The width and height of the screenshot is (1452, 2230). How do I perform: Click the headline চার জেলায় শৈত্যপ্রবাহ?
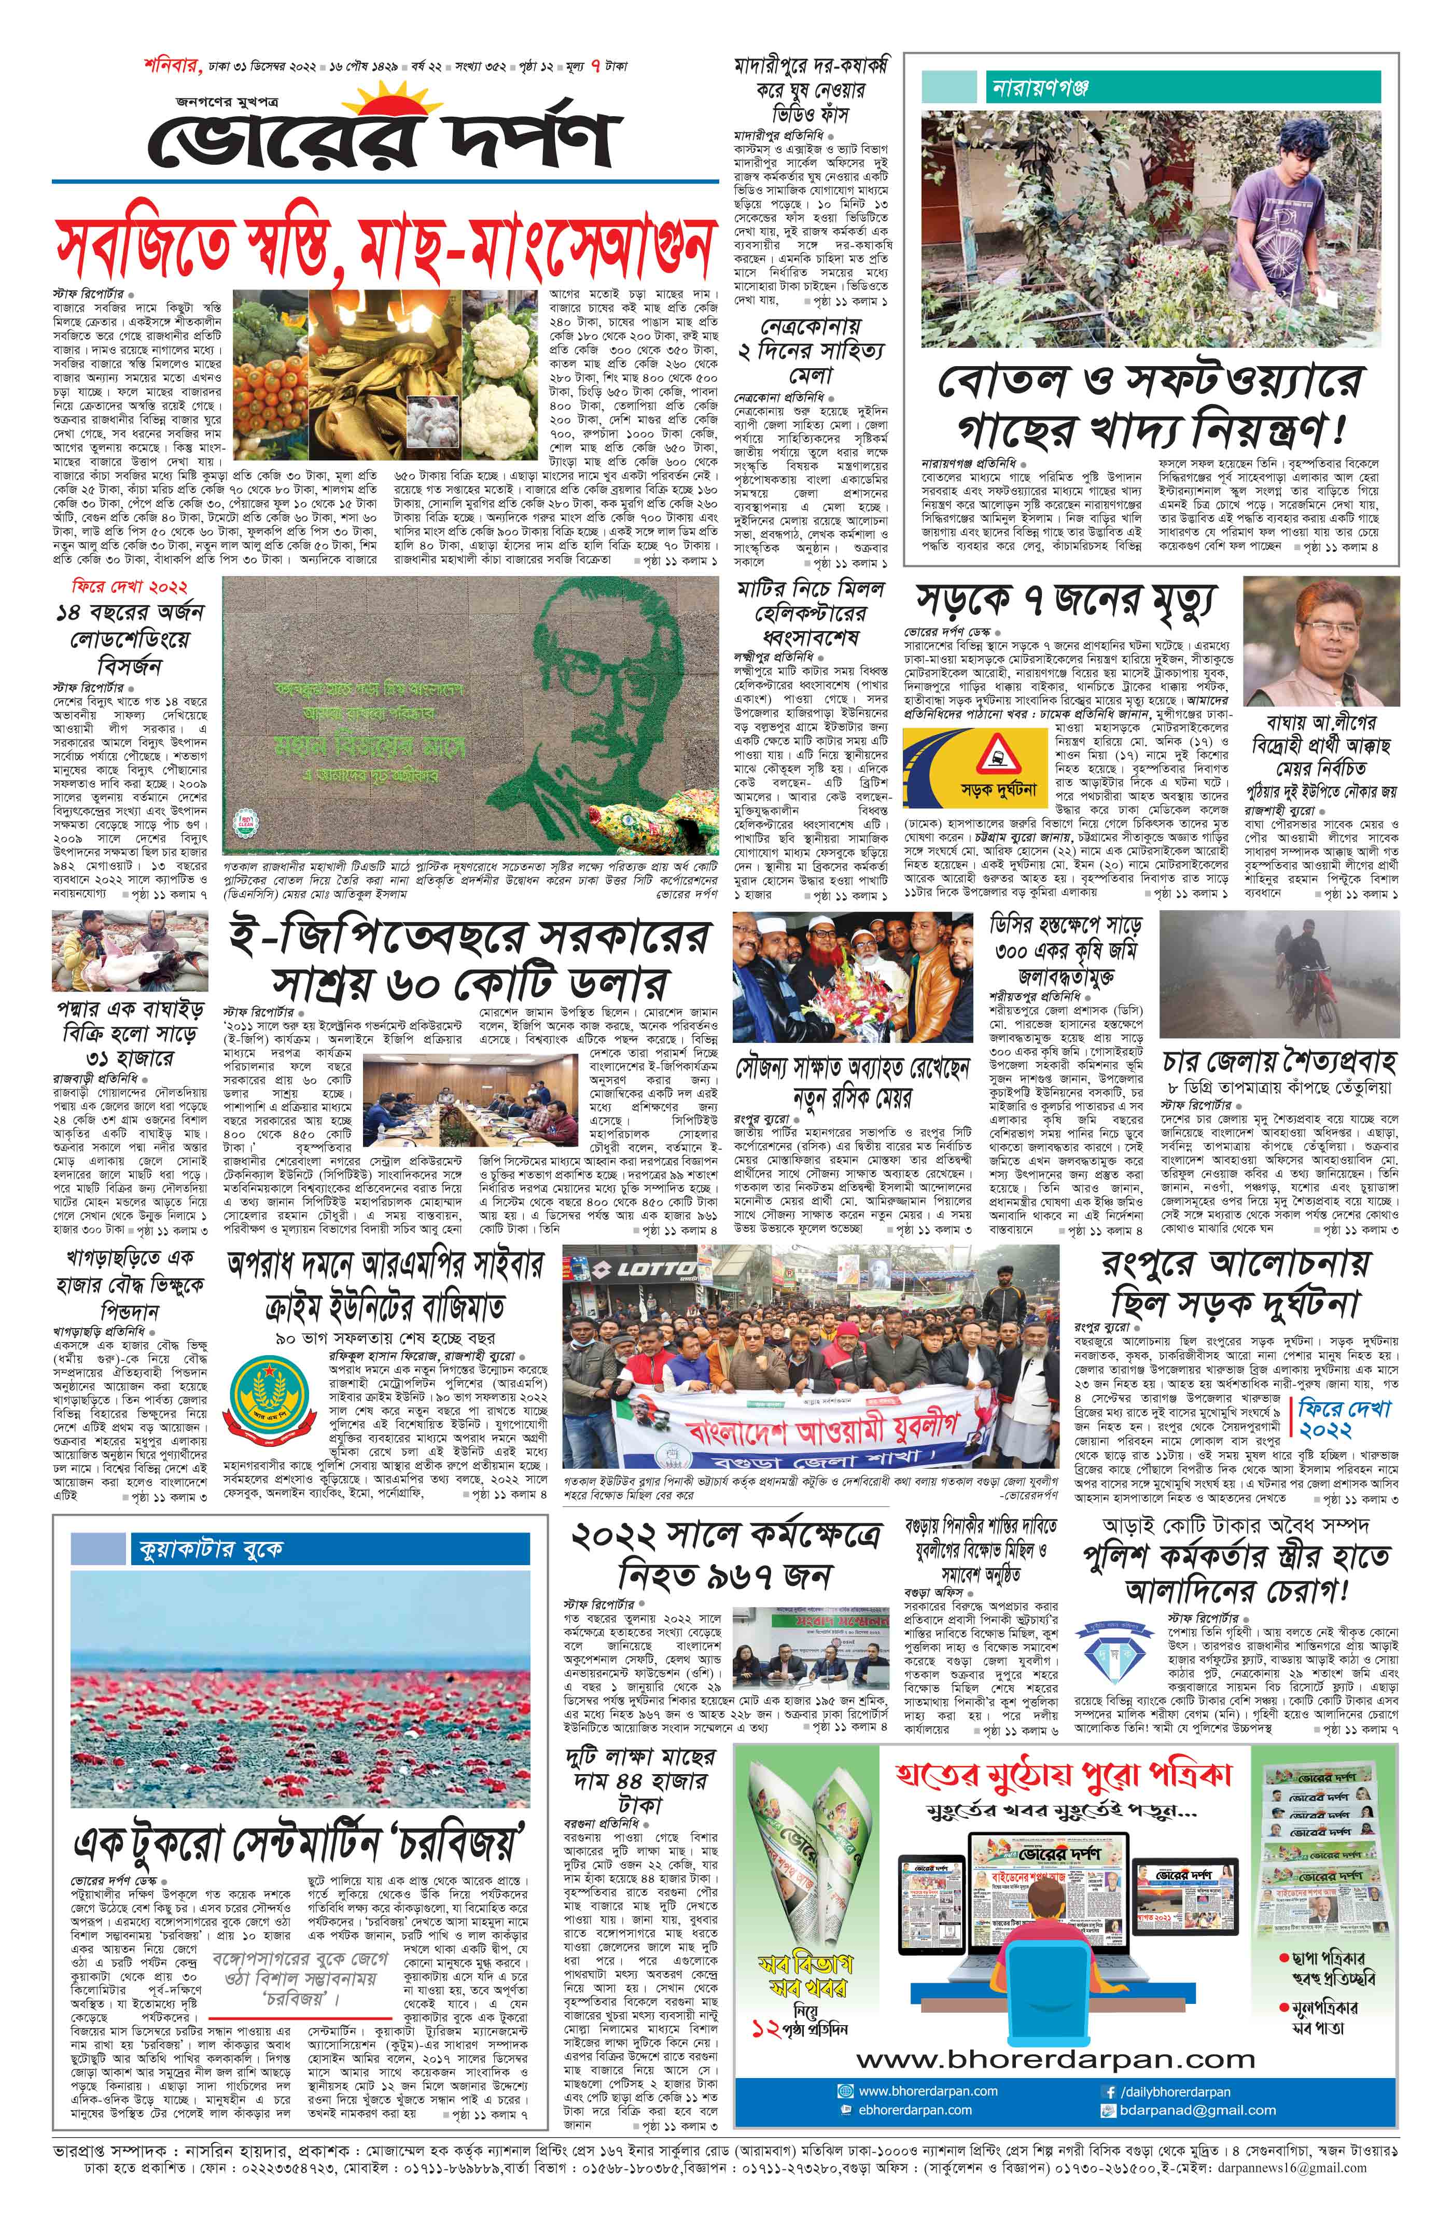(1279, 1063)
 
